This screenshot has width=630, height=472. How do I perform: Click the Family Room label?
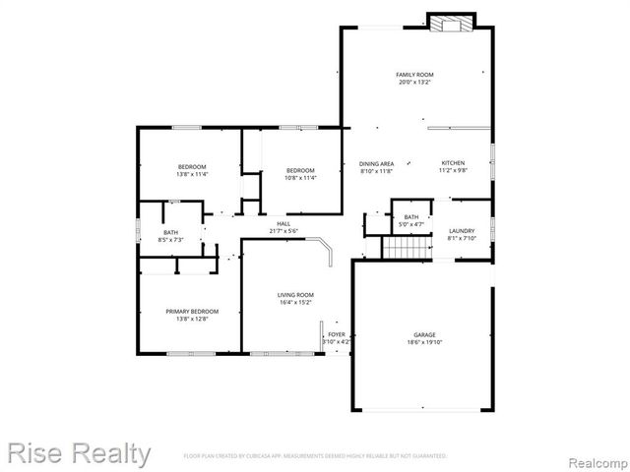[414, 75]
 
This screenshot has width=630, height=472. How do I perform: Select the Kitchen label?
[452, 163]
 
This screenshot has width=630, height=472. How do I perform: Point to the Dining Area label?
[376, 163]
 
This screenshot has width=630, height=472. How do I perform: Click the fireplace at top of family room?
[451, 23]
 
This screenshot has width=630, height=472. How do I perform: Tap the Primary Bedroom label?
[192, 312]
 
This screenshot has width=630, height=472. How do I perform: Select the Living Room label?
[294, 295]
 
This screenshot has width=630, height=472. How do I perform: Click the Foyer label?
[336, 334]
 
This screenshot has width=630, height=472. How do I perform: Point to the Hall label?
[283, 224]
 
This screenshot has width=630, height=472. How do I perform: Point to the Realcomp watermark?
[595, 458]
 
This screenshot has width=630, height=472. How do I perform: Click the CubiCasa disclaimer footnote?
[315, 456]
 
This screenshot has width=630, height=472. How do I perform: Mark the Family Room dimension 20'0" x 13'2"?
[414, 83]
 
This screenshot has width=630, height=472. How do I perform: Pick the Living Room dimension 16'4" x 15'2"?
[294, 303]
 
